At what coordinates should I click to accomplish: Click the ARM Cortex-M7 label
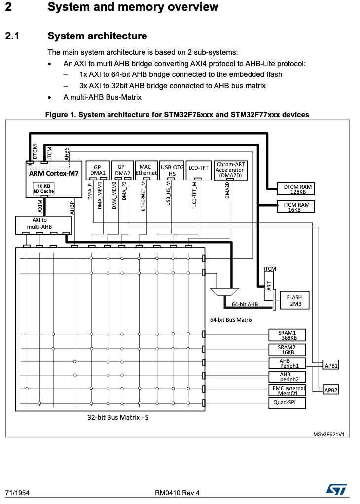pos(54,173)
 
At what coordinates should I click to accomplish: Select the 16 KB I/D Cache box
pos(44,189)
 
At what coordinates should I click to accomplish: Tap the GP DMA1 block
pos(98,170)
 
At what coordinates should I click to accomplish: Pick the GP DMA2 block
pos(121,170)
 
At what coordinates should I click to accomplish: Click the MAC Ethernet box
pos(146,170)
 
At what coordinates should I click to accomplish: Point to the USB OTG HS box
pos(172,170)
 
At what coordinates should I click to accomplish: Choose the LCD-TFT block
pos(199,170)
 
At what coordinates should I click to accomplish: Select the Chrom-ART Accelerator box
pos(230,170)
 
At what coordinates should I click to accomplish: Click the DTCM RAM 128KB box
pos(296,189)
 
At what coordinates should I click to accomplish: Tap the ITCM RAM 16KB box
pos(296,207)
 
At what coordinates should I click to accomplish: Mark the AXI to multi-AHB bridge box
pos(43,225)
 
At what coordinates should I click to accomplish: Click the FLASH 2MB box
pos(294,300)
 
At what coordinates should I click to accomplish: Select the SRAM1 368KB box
pos(287,335)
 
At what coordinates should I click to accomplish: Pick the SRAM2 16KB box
pos(287,349)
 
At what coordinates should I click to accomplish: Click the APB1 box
pos(331,365)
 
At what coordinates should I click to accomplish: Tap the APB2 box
pos(331,390)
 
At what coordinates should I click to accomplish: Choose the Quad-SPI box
pos(287,403)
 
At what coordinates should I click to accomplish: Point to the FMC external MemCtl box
pos(287,390)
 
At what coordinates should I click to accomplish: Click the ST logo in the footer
pos(336,490)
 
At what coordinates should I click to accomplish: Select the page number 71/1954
pos(17,493)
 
